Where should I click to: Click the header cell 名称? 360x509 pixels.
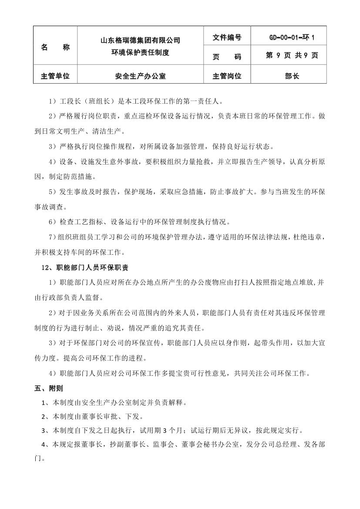(55, 47)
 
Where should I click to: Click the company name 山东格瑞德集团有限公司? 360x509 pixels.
(140, 40)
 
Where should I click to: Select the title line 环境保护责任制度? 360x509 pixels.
(140, 53)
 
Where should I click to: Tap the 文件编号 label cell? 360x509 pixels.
(227, 37)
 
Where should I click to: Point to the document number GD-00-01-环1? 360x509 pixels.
(292, 37)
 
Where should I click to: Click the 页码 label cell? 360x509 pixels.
(227, 57)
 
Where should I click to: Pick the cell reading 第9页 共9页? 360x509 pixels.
(292, 56)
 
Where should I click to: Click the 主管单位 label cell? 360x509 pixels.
(55, 76)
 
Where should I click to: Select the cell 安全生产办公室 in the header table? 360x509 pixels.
(140, 76)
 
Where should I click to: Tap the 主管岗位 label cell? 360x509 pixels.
(227, 76)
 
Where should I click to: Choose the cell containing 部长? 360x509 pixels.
(292, 76)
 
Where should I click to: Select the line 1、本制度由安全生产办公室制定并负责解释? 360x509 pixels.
(115, 402)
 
